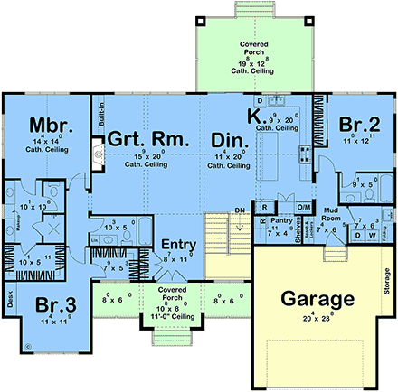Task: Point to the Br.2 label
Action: (359, 124)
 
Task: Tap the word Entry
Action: (177, 246)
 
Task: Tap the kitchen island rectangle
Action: (270, 163)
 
